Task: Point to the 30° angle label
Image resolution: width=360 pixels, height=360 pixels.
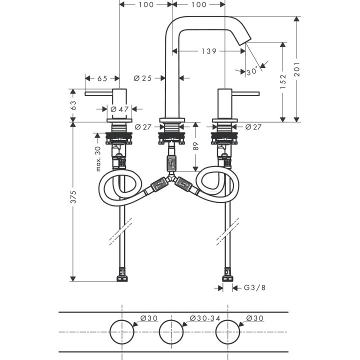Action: [252, 71]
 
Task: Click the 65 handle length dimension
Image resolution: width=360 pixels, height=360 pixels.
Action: [102, 78]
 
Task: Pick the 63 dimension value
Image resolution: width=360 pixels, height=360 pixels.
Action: [73, 105]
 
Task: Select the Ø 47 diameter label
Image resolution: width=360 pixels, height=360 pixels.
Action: [119, 109]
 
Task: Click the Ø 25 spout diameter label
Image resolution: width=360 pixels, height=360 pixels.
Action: [143, 78]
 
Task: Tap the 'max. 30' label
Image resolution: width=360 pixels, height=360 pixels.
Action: [98, 158]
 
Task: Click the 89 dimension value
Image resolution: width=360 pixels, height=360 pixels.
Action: [196, 146]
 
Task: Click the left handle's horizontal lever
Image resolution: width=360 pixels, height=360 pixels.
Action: [99, 93]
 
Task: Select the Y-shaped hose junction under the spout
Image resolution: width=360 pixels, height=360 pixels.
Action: [172, 177]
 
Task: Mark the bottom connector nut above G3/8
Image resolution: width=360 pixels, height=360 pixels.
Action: [227, 275]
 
